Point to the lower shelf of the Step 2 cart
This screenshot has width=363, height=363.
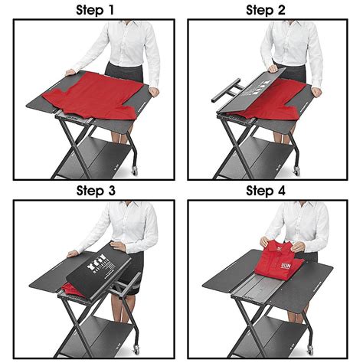pos(264,161)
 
